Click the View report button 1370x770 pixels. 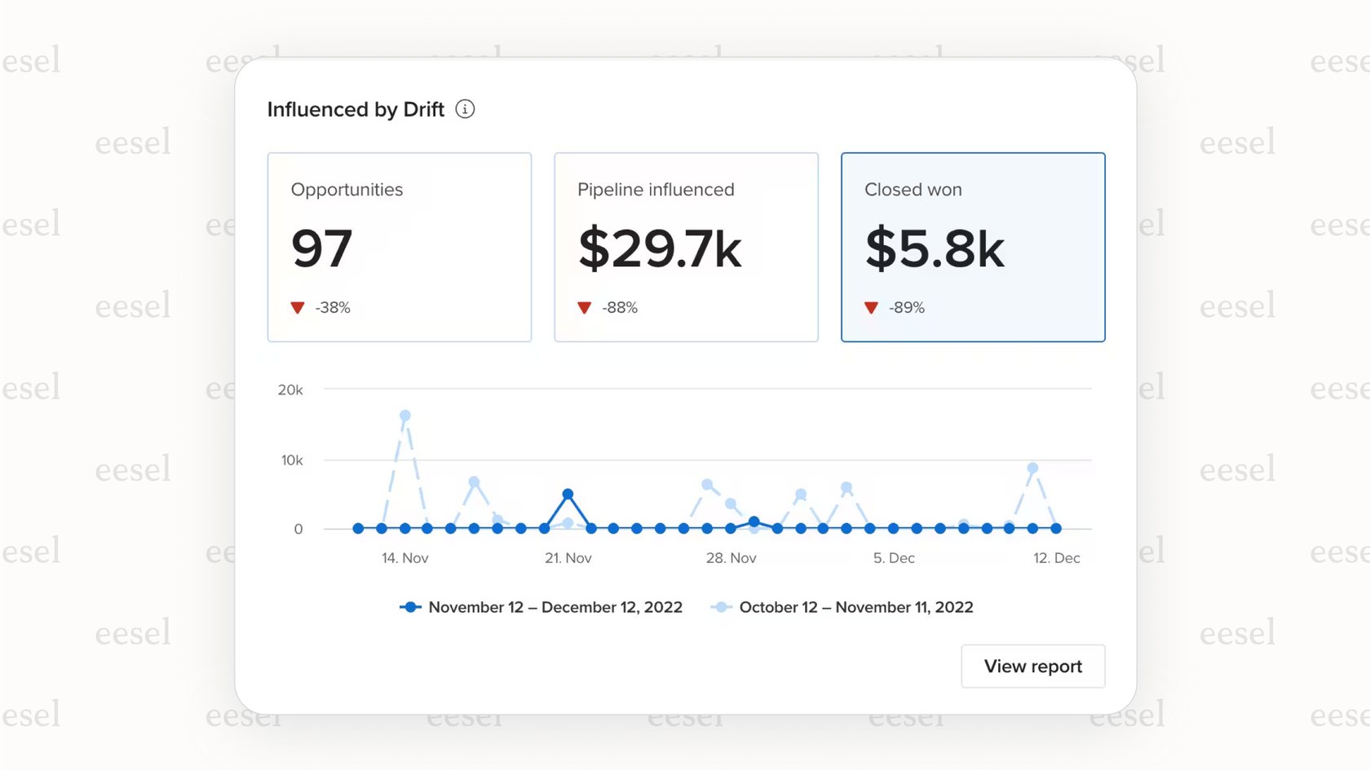1032,667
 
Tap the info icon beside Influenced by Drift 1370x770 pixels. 465,109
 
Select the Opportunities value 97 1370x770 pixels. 322,249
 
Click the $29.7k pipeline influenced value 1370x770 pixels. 660,249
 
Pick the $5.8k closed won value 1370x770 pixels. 935,249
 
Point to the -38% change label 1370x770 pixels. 333,308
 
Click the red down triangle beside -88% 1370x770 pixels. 584,308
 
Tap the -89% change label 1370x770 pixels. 907,308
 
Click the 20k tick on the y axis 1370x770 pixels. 290,390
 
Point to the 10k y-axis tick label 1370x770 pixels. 292,460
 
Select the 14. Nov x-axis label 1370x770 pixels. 405,558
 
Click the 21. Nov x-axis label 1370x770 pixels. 568,558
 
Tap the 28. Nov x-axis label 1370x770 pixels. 731,558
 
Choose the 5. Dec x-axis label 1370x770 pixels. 894,558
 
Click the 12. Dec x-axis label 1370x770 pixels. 1056,558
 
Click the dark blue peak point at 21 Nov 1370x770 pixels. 568,495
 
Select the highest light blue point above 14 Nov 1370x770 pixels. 405,416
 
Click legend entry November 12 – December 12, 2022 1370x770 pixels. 555,607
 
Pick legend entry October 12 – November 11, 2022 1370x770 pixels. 855,607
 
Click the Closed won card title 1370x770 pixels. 913,190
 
